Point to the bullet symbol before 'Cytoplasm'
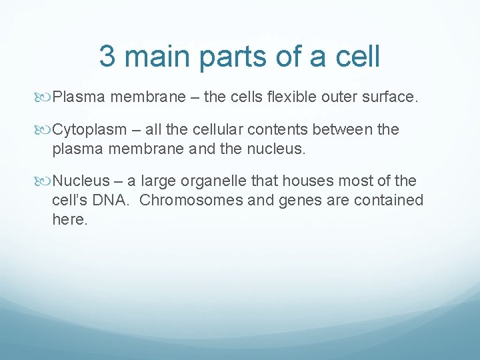(45, 129)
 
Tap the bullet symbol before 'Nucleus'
(45, 181)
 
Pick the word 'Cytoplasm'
(89, 129)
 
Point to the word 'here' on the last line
(68, 219)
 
